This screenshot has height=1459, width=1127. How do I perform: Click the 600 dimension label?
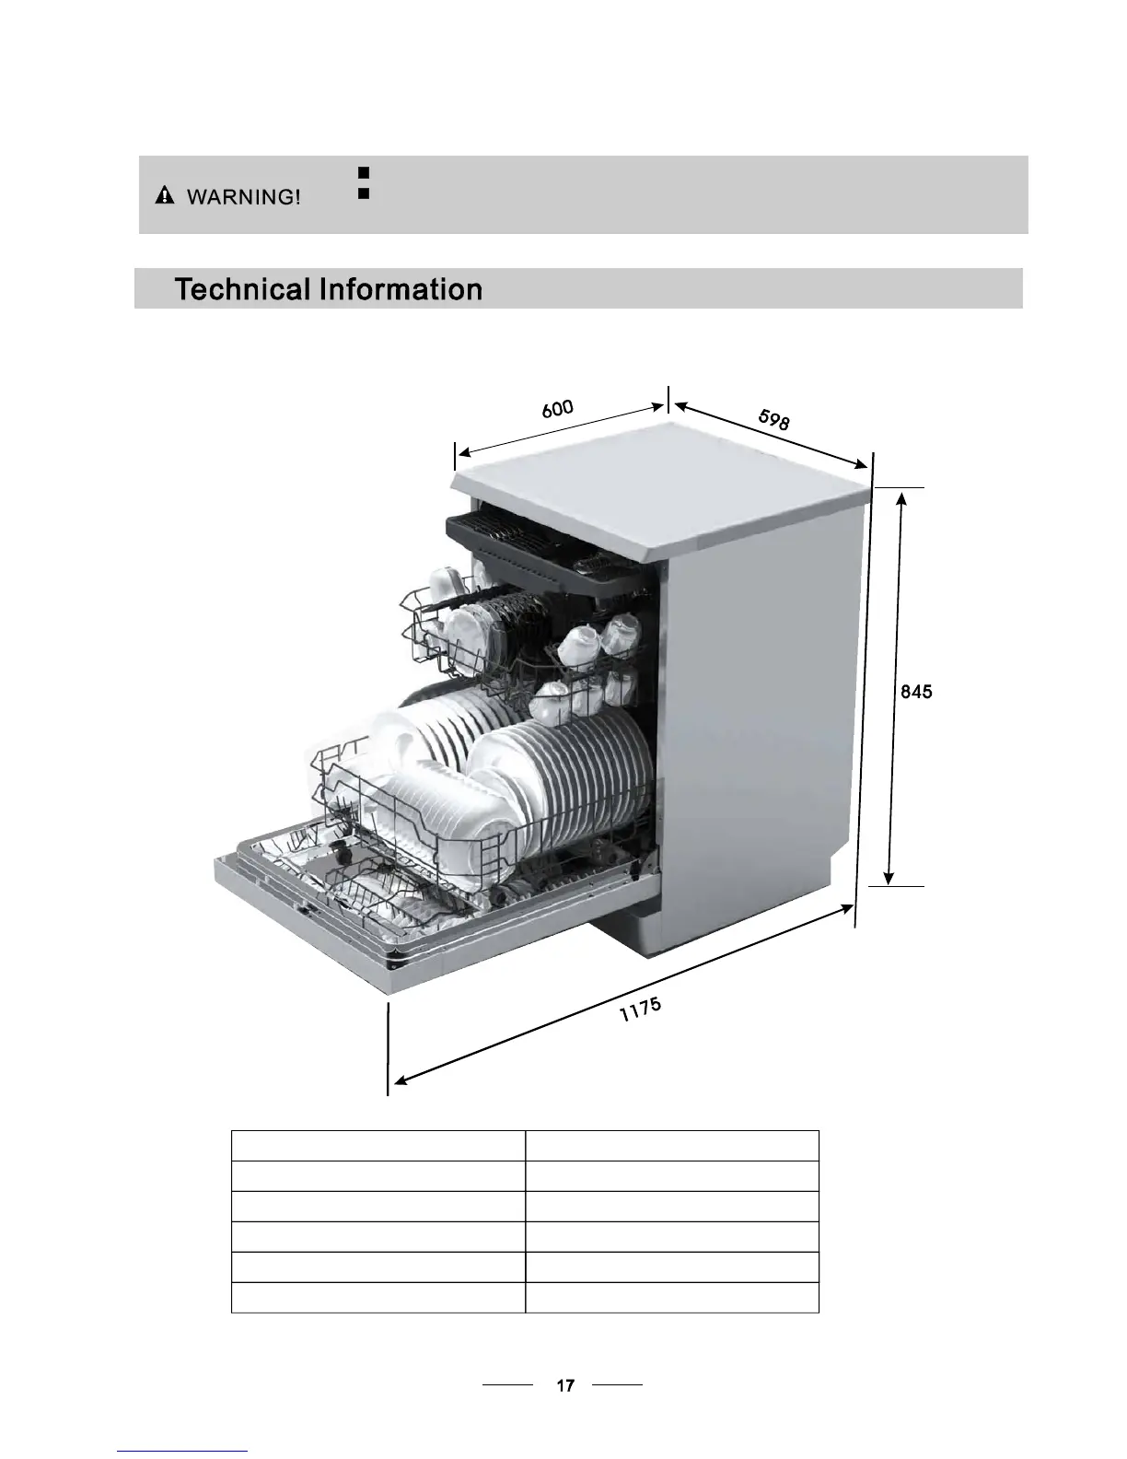[558, 408]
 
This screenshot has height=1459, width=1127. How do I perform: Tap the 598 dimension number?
[773, 420]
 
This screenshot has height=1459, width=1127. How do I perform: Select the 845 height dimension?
[916, 692]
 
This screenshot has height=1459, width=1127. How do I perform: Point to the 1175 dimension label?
[640, 1010]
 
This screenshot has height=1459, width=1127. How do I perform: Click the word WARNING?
[244, 197]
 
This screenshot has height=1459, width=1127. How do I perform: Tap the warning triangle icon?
[164, 195]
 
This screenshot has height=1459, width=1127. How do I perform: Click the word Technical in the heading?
[242, 289]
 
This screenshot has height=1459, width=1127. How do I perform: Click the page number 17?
[565, 1384]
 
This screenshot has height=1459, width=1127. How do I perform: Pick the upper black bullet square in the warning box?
[363, 172]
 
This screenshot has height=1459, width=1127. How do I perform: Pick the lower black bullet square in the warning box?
[363, 194]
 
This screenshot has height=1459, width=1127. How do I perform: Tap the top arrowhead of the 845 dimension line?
[902, 499]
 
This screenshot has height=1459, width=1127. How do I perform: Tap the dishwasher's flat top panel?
[663, 479]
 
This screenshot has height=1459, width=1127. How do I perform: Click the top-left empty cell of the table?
[378, 1146]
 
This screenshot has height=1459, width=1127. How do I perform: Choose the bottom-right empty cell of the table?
[671, 1297]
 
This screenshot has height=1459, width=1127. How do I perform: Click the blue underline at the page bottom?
[183, 1451]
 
